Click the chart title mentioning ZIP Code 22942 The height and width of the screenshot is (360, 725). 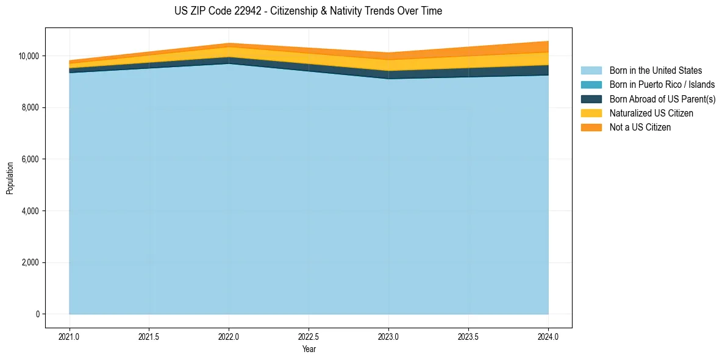[x=308, y=11]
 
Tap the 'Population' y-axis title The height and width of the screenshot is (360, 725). [x=10, y=178]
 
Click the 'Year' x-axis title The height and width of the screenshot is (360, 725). [x=309, y=350]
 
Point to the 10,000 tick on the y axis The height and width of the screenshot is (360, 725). [x=29, y=56]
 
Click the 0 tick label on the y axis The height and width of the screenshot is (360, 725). [x=37, y=314]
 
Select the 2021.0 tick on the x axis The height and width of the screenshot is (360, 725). [x=70, y=336]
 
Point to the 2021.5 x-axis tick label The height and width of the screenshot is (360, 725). [x=149, y=336]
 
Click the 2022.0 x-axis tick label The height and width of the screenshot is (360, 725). [x=229, y=336]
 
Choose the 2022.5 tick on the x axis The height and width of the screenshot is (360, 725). [x=309, y=336]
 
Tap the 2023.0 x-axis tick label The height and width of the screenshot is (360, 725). [x=388, y=336]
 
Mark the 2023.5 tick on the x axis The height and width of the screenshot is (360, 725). [x=468, y=336]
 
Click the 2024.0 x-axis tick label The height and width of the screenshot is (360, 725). [x=548, y=336]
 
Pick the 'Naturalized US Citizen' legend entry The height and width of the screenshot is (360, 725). [x=651, y=113]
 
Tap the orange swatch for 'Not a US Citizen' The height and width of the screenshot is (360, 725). [x=591, y=128]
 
